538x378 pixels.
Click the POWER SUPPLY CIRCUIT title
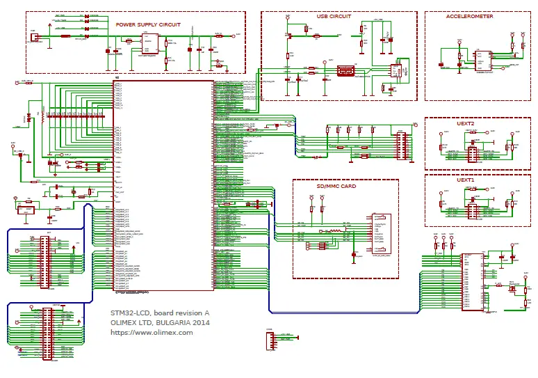pyautogui.click(x=148, y=24)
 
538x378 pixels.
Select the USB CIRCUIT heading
pyautogui.click(x=334, y=16)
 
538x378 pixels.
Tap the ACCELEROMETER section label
pyautogui.click(x=469, y=16)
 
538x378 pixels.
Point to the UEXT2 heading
pyautogui.click(x=465, y=123)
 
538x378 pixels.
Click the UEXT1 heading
pyautogui.click(x=465, y=180)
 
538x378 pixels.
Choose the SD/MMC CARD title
pyautogui.click(x=336, y=187)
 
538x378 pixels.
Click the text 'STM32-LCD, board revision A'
pyautogui.click(x=160, y=312)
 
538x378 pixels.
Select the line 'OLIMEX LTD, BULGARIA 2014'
pyautogui.click(x=160, y=322)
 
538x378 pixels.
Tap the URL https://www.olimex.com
pyautogui.click(x=152, y=333)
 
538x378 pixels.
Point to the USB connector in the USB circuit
pyautogui.click(x=345, y=71)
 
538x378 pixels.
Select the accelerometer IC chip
pyautogui.click(x=482, y=61)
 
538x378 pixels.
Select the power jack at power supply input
pyautogui.click(x=33, y=38)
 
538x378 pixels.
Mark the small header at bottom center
pyautogui.click(x=272, y=342)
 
